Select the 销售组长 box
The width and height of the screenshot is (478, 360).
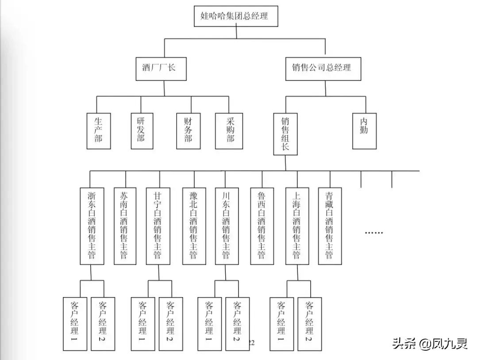tap(285, 133)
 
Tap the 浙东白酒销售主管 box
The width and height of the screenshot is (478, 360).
tap(92, 226)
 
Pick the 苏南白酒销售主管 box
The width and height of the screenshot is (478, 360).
tap(125, 226)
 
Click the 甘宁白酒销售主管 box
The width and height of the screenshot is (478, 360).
tap(158, 226)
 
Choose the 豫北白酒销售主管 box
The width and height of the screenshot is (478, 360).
tap(194, 226)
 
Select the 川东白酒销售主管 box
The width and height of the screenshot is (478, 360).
tap(226, 226)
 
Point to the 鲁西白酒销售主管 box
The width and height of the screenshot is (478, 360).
tap(262, 226)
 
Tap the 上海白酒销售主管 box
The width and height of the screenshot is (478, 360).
tap(297, 226)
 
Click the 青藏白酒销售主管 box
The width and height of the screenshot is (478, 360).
tap(329, 226)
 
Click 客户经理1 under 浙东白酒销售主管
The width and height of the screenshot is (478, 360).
tap(75, 323)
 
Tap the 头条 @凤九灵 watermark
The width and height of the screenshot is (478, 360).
tap(429, 344)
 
